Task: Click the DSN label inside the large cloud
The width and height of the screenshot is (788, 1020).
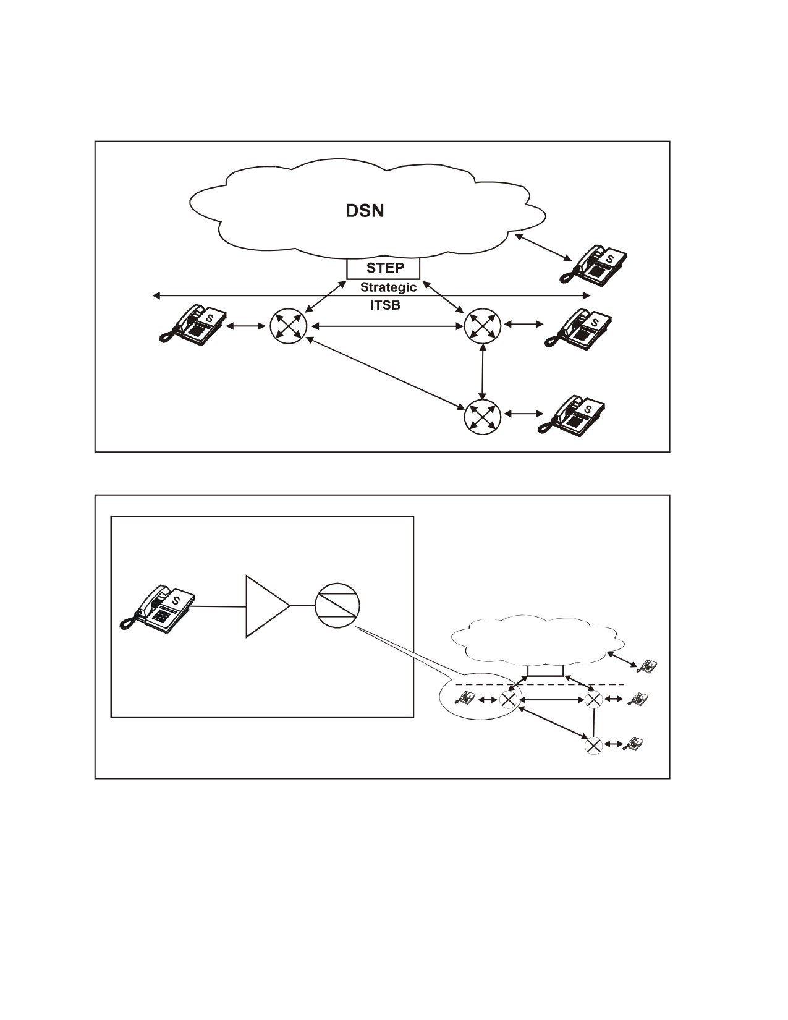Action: (365, 211)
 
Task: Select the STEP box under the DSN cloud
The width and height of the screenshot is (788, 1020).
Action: (383, 268)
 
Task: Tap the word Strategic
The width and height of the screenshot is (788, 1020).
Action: (388, 287)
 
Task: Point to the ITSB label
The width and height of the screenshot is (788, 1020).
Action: (385, 305)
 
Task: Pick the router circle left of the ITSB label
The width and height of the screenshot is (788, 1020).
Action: (289, 326)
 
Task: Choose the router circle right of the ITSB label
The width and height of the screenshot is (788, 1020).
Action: (483, 326)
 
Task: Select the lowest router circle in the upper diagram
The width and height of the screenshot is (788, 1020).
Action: (483, 417)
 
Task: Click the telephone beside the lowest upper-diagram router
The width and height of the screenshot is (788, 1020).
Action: (572, 417)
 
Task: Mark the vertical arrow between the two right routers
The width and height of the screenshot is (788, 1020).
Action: (483, 372)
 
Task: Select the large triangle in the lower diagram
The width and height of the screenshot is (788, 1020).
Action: (268, 606)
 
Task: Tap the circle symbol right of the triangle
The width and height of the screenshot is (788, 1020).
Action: (337, 606)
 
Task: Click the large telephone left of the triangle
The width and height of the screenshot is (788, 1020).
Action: (157, 606)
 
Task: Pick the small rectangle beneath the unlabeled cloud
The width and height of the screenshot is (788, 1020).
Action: (545, 671)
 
